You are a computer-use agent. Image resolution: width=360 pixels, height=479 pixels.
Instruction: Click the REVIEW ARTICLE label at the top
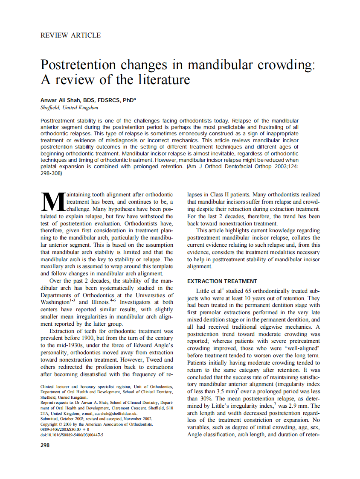point(70,35)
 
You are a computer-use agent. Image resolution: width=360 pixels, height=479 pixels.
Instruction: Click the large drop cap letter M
point(53,202)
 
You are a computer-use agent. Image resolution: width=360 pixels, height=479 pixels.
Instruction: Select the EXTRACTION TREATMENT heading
point(222,281)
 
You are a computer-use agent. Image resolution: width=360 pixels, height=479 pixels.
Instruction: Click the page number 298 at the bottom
point(45,445)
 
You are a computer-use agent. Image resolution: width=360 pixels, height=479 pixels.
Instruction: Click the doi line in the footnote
point(72,435)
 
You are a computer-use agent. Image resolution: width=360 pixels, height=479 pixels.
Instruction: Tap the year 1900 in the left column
point(82,338)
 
